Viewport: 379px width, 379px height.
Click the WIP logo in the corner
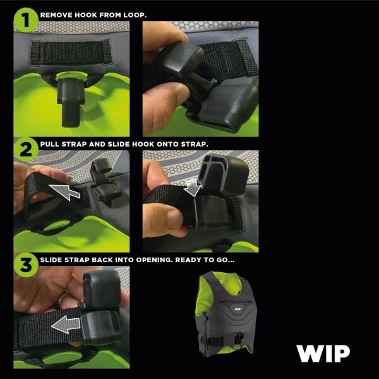(323, 352)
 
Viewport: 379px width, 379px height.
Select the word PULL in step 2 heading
(49, 145)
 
